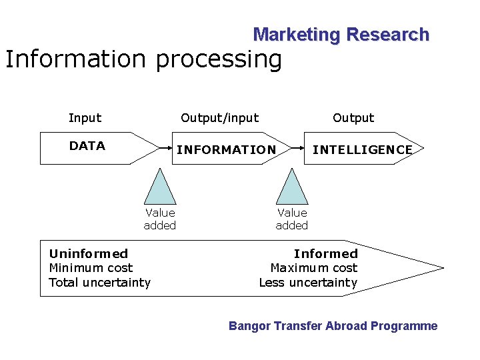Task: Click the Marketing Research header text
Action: click(x=341, y=35)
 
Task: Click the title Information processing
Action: click(x=143, y=59)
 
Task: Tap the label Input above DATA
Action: click(x=85, y=118)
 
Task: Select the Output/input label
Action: click(x=220, y=118)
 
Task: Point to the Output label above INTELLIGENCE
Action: click(x=353, y=118)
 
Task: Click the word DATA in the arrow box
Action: click(x=87, y=146)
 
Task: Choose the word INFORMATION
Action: click(x=226, y=150)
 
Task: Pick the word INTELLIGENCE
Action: click(x=363, y=150)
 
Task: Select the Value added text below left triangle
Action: click(x=160, y=219)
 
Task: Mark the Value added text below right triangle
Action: click(x=292, y=219)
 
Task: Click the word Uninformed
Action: click(x=89, y=253)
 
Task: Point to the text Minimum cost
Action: click(x=91, y=268)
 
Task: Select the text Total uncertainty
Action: click(x=100, y=283)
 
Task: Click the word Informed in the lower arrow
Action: click(x=326, y=253)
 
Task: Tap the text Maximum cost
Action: click(x=314, y=268)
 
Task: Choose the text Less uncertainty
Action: click(x=308, y=283)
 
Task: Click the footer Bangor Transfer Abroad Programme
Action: click(x=333, y=326)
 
